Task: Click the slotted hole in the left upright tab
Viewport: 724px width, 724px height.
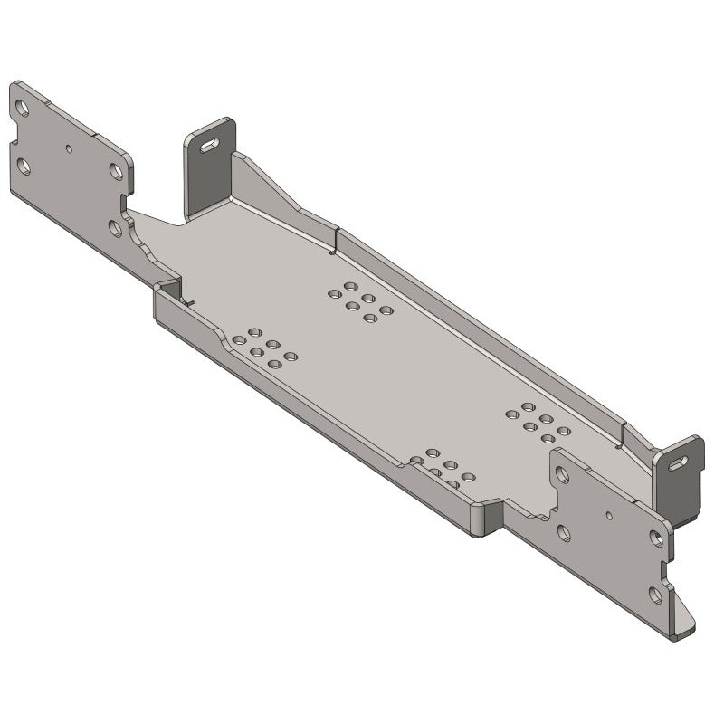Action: (210, 144)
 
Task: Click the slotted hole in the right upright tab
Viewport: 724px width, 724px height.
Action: (678, 463)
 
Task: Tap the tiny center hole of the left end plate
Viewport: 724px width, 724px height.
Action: (69, 147)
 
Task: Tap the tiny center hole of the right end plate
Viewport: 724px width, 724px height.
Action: (609, 516)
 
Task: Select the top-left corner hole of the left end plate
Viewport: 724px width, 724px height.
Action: (23, 109)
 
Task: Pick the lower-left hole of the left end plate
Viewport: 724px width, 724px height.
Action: (24, 167)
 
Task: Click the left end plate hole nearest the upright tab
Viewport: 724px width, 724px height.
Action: (117, 171)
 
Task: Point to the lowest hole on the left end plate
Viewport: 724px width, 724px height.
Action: (115, 228)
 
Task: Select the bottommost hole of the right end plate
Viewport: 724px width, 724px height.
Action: (655, 595)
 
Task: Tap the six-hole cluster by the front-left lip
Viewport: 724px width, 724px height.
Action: (263, 348)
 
